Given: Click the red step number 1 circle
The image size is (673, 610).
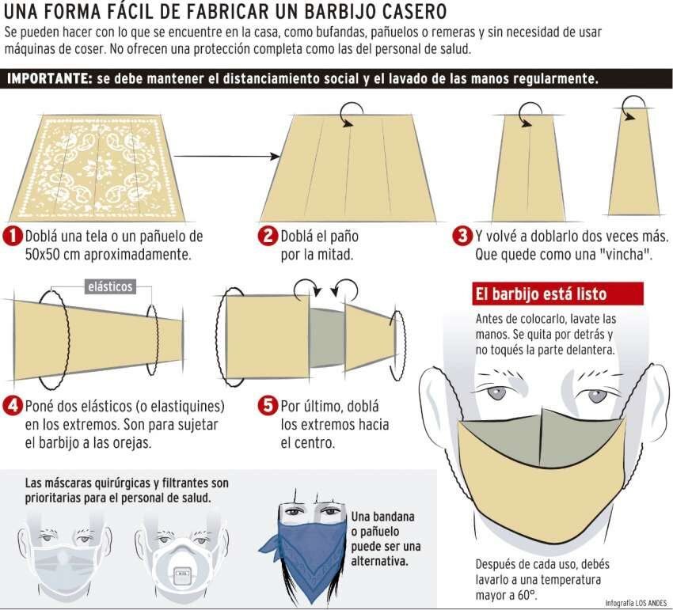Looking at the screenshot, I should tap(13, 236).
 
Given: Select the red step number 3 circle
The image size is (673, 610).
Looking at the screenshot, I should tap(463, 236).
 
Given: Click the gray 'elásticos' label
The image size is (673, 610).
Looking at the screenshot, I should tap(110, 287).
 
